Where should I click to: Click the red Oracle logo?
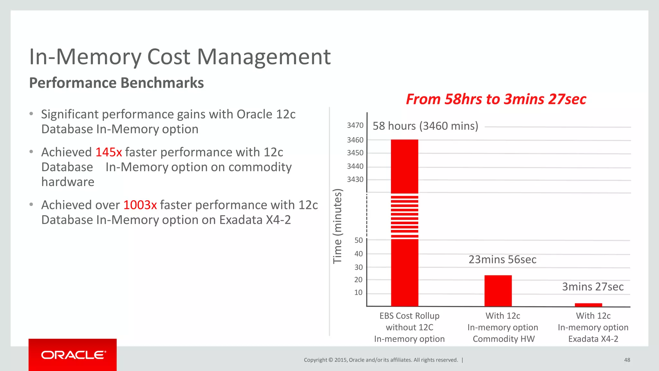click(73, 355)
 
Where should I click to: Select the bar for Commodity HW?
click(498, 290)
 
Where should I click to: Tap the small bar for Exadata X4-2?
click(588, 305)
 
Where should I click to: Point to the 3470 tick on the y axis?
click(355, 125)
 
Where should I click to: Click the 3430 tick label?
click(355, 179)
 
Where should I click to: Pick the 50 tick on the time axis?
click(358, 240)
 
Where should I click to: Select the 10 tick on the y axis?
click(358, 292)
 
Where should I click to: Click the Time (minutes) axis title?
click(337, 226)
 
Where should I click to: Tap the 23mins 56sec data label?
click(502, 259)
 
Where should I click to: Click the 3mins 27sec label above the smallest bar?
click(593, 287)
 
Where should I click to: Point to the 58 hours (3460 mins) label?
click(425, 126)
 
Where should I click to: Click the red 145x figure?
click(109, 152)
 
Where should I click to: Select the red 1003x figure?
click(140, 205)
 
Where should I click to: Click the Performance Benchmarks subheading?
click(116, 83)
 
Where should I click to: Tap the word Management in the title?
click(264, 57)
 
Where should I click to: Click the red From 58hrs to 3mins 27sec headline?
click(496, 99)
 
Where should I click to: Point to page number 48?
click(627, 360)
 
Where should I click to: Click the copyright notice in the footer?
click(381, 360)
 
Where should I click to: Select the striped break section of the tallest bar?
click(404, 216)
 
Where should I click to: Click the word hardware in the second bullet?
click(68, 182)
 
